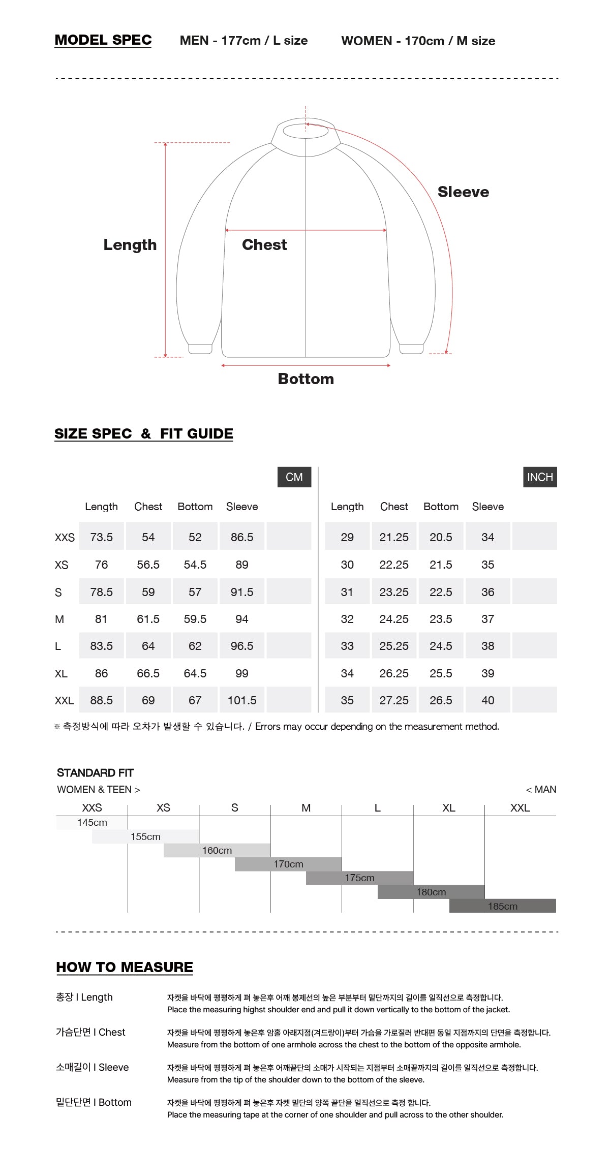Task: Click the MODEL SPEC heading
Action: (103, 40)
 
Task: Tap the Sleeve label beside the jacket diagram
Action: (463, 192)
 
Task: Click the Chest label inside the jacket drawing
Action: (264, 244)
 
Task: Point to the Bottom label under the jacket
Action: (306, 379)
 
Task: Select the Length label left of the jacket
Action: (130, 245)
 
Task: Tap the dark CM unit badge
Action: (294, 477)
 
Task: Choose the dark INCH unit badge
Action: (540, 477)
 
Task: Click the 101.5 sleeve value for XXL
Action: (242, 700)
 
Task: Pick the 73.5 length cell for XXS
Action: (102, 537)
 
